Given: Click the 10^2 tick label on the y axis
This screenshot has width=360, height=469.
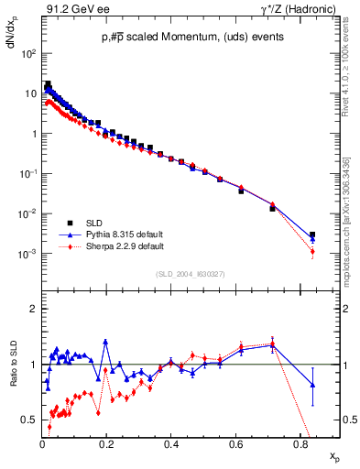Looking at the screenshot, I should click(x=29, y=53).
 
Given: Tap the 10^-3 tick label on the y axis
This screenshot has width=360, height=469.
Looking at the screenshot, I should click(x=29, y=254).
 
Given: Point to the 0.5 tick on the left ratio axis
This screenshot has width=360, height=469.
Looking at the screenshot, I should click(x=29, y=420).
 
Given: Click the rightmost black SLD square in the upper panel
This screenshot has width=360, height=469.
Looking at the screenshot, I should click(x=312, y=234).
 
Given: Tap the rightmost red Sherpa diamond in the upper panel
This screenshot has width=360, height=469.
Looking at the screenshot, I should click(x=312, y=251).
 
